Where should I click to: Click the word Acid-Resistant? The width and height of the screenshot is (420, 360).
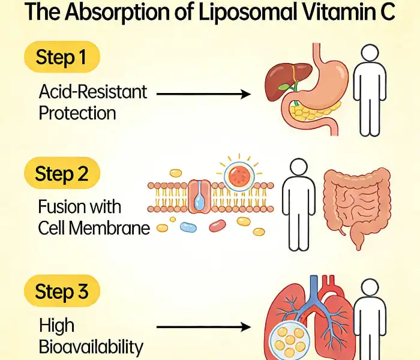[92, 92]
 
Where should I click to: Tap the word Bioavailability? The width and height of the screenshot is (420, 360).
[91, 346]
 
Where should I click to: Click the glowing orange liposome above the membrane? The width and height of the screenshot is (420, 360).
[240, 178]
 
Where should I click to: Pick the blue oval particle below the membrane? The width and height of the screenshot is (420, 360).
[188, 227]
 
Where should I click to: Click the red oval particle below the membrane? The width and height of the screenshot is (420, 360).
[217, 226]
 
